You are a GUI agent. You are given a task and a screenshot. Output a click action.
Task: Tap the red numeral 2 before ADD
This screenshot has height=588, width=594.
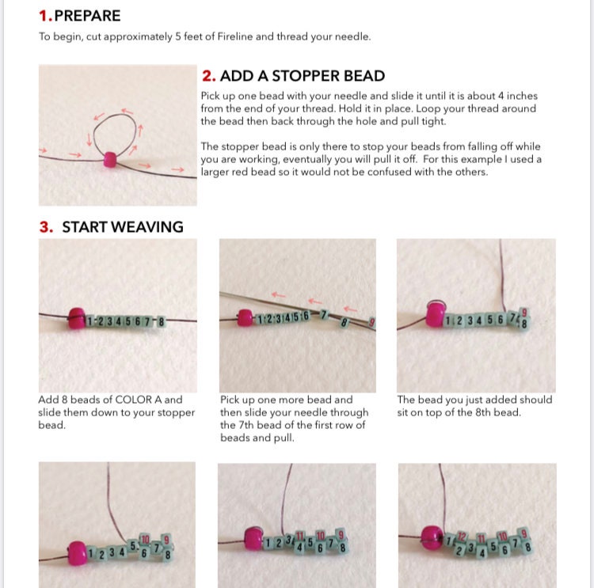click(208, 76)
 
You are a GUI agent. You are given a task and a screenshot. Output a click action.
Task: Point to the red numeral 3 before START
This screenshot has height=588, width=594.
click(46, 227)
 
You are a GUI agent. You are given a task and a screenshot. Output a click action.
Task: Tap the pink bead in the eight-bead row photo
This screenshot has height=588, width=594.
click(77, 321)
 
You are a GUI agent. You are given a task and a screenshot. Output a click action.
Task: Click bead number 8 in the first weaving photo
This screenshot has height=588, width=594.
click(161, 321)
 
